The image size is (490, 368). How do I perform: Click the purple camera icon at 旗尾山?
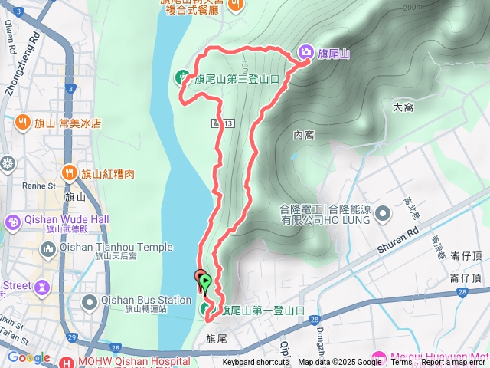tap(305, 52)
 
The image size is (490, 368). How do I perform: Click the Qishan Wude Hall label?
tap(67, 219)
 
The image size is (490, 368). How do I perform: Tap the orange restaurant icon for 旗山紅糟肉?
tap(69, 173)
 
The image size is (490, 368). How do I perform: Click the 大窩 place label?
tap(403, 107)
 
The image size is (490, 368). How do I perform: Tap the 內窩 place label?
tap(304, 135)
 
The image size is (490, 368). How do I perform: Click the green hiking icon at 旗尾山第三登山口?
tap(182, 77)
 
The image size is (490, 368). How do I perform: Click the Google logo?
tap(28, 357)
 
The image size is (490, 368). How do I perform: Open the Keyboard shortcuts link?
tap(256, 363)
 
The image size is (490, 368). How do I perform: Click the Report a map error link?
tap(455, 363)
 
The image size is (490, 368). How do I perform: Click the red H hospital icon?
tap(66, 362)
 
